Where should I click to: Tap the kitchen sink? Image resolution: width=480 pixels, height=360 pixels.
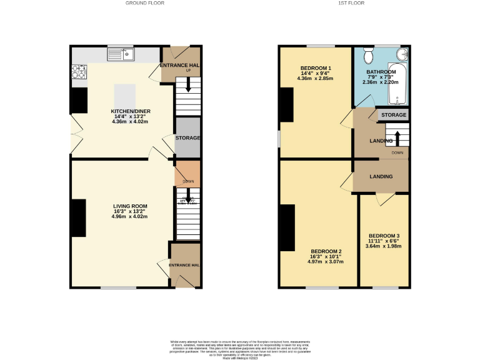click(127, 54)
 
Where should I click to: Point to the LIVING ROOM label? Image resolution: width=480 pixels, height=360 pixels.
click(130, 206)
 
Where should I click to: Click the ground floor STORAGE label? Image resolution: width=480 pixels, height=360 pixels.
click(187, 138)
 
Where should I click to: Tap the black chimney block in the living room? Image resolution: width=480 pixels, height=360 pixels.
click(79, 217)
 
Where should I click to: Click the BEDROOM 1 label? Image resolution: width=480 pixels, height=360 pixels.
click(316, 68)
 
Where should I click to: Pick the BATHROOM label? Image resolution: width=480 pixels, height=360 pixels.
click(381, 72)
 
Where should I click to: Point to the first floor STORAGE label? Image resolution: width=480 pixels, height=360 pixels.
click(394, 115)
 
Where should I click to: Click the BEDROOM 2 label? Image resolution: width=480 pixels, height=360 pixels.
click(326, 251)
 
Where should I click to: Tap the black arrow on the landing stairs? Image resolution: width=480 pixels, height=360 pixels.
click(397, 137)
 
